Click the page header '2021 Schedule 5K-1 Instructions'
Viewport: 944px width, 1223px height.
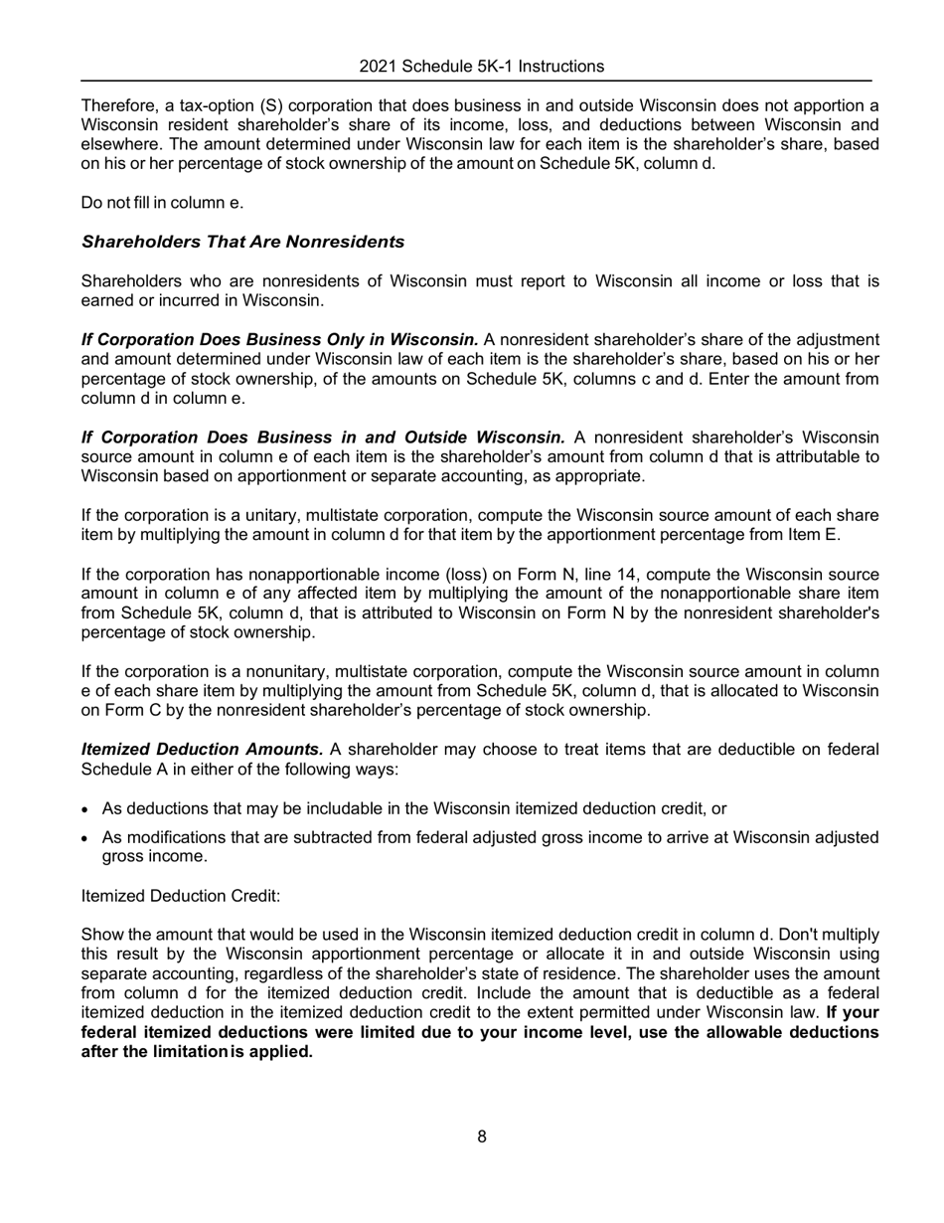tap(481, 67)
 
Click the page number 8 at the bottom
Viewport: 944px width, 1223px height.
tap(482, 1136)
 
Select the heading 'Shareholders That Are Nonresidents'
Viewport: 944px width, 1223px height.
tap(242, 242)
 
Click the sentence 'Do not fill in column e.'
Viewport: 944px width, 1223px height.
tap(162, 203)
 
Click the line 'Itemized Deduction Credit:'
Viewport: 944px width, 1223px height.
tap(181, 896)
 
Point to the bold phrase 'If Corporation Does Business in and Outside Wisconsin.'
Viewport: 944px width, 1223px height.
tap(323, 437)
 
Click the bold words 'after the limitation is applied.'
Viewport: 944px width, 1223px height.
tap(197, 1051)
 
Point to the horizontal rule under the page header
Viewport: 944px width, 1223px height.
tap(475, 81)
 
